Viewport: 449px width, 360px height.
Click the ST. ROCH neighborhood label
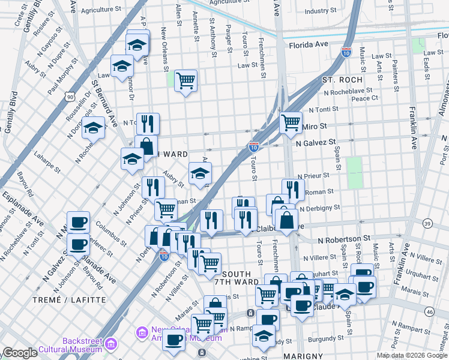pos(342,80)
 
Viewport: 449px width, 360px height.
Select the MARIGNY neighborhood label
pos(304,355)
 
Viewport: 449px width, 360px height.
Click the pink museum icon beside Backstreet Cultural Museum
pos(112,344)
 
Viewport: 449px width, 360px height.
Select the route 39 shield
pos(427,223)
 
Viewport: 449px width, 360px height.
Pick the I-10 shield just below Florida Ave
pos(346,53)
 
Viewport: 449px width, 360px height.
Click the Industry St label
pos(324,11)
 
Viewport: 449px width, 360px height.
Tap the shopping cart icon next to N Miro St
pos(291,122)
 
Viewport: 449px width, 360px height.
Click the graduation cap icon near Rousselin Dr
pos(93,127)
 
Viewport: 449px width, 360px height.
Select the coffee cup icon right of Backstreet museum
pos(174,340)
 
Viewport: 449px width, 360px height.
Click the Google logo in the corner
pos(20,353)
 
